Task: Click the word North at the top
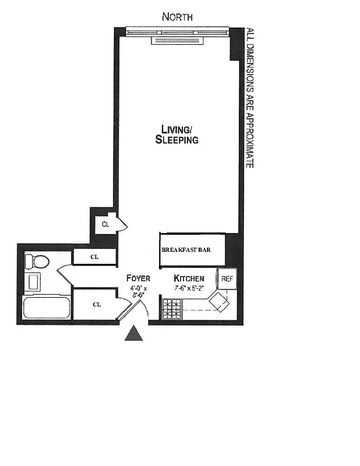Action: [x=177, y=17]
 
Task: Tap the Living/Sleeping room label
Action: [x=177, y=135]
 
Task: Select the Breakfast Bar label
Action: [x=186, y=250]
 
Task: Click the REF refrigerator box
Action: [x=227, y=279]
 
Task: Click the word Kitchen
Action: [x=189, y=278]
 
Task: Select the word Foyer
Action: [x=139, y=278]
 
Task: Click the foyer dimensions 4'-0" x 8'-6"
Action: [x=139, y=291]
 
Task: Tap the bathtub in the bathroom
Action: [x=46, y=307]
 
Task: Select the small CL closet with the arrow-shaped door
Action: [x=105, y=224]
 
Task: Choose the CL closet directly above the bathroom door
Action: [x=94, y=256]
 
